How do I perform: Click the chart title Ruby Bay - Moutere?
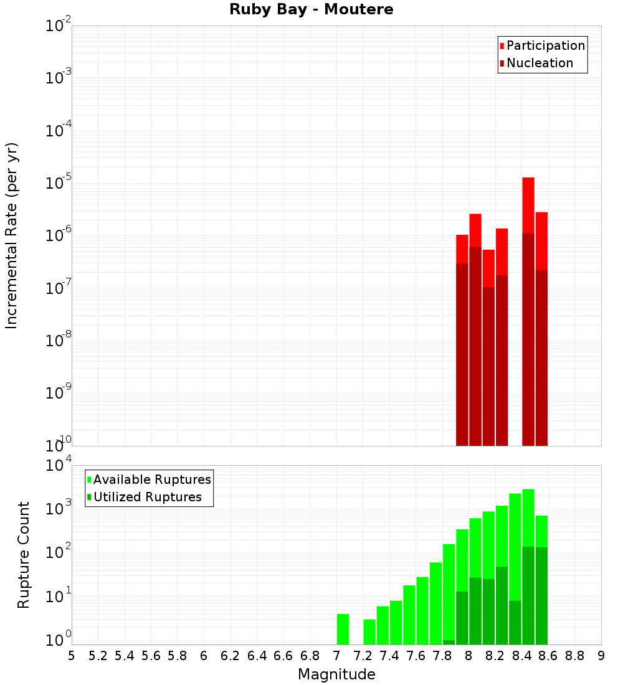tap(311, 10)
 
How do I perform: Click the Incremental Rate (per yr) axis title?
tap(12, 236)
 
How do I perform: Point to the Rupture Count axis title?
tap(24, 555)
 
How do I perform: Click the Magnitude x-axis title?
tap(336, 674)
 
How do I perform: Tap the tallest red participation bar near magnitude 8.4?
tap(528, 205)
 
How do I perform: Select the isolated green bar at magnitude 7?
tap(343, 629)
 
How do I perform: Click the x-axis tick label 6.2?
tap(231, 656)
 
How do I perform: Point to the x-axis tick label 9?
tap(601, 656)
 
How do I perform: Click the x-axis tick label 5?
tap(72, 656)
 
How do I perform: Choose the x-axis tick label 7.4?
tap(389, 656)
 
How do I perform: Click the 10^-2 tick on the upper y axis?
tap(59, 26)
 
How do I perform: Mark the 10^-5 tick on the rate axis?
tap(59, 183)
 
